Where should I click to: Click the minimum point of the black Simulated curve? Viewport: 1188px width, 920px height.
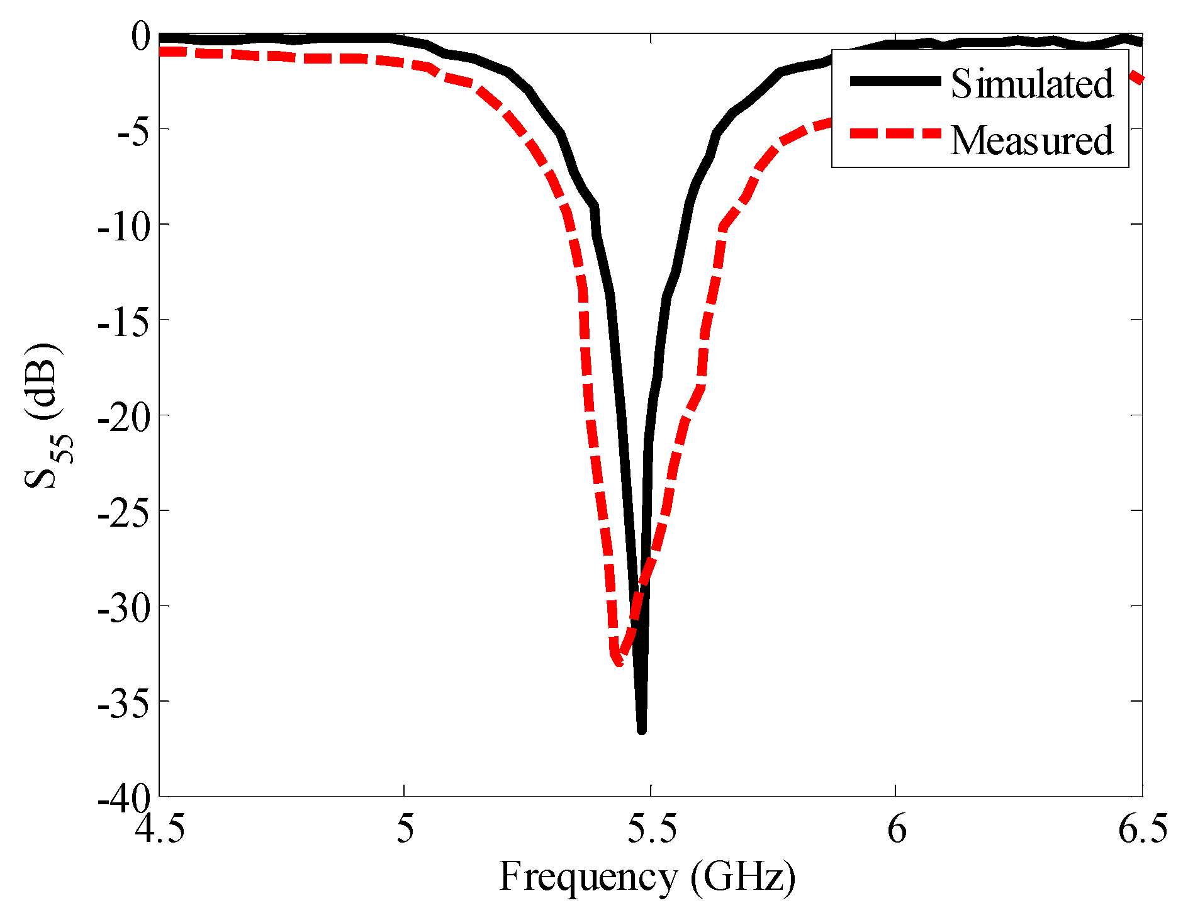coord(642,730)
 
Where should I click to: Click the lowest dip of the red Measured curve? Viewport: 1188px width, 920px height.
coord(617,661)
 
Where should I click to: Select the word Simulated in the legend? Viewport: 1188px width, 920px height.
coord(1032,83)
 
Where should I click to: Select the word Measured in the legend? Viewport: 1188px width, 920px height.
coord(1032,140)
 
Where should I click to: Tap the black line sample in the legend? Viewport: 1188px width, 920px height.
coord(895,81)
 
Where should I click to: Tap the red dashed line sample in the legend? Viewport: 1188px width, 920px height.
coord(895,133)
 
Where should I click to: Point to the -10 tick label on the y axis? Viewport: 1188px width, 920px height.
coord(124,225)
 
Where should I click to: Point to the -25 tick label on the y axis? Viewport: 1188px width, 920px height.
coord(124,512)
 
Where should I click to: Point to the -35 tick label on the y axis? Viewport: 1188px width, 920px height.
coord(124,702)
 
